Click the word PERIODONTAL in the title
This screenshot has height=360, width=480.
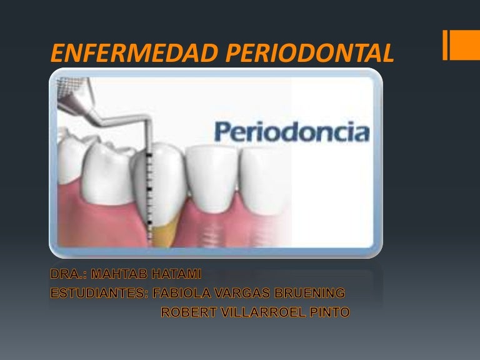click(310, 53)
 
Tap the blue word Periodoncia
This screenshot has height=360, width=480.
click(292, 132)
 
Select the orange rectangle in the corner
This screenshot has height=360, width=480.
click(461, 45)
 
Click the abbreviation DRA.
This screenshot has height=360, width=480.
click(69, 274)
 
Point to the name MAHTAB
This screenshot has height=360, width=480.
click(119, 274)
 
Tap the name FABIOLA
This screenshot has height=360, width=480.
click(182, 293)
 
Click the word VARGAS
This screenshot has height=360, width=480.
click(242, 293)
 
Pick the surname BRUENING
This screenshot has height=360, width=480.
click(310, 293)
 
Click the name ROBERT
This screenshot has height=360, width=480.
click(189, 312)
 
